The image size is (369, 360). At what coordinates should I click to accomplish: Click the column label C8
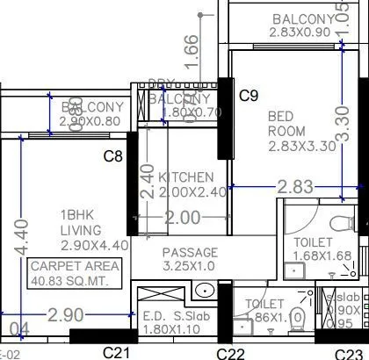tap(113, 157)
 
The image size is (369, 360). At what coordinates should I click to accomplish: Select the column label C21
tap(117, 350)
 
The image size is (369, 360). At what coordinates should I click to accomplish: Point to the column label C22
tap(230, 351)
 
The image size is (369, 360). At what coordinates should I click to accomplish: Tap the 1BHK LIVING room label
tap(80, 222)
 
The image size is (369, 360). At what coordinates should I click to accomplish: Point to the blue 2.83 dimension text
tap(295, 186)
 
